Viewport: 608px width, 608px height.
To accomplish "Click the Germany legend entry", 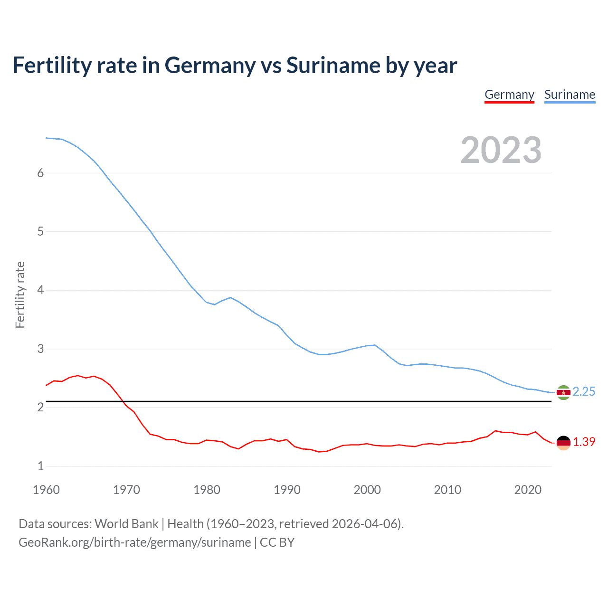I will (x=509, y=95).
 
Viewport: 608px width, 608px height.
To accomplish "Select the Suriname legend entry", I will (x=570, y=95).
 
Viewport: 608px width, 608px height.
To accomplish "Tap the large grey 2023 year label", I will (x=501, y=150).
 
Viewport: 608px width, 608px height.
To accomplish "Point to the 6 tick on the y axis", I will (x=40, y=173).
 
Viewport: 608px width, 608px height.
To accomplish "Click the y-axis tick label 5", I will (x=40, y=231).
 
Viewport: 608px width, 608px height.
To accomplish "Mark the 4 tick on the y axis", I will (x=40, y=290).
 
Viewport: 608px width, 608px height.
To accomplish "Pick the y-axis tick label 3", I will (x=40, y=349).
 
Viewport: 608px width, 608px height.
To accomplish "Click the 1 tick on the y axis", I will (x=40, y=466).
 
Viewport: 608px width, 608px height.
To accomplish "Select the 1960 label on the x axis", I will (x=46, y=490).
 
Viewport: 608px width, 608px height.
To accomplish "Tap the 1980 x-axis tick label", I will (x=207, y=490).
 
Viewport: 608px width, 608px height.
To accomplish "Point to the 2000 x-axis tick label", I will (x=367, y=490).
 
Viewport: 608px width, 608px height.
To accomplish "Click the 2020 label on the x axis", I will (x=528, y=490).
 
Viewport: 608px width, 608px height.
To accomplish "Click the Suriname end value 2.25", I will (x=584, y=391).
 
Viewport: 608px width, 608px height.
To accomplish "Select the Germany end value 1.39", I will (x=584, y=442).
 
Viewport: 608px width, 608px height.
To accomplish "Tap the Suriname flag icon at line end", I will (x=563, y=392).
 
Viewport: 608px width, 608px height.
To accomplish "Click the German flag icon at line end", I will (x=563, y=443).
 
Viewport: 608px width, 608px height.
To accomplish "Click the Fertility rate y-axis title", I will (x=20, y=294).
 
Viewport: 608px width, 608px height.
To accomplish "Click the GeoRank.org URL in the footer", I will (x=135, y=542).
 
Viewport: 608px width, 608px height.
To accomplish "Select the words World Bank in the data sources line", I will (x=126, y=524).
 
